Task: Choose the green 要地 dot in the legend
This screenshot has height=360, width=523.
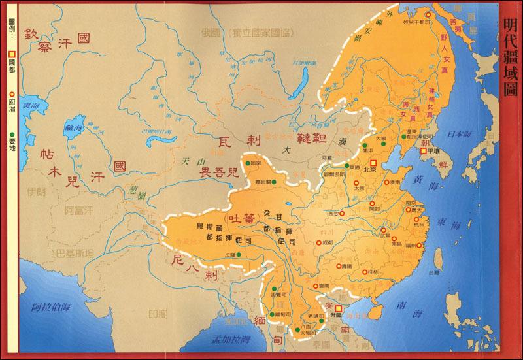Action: click(x=11, y=106)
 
